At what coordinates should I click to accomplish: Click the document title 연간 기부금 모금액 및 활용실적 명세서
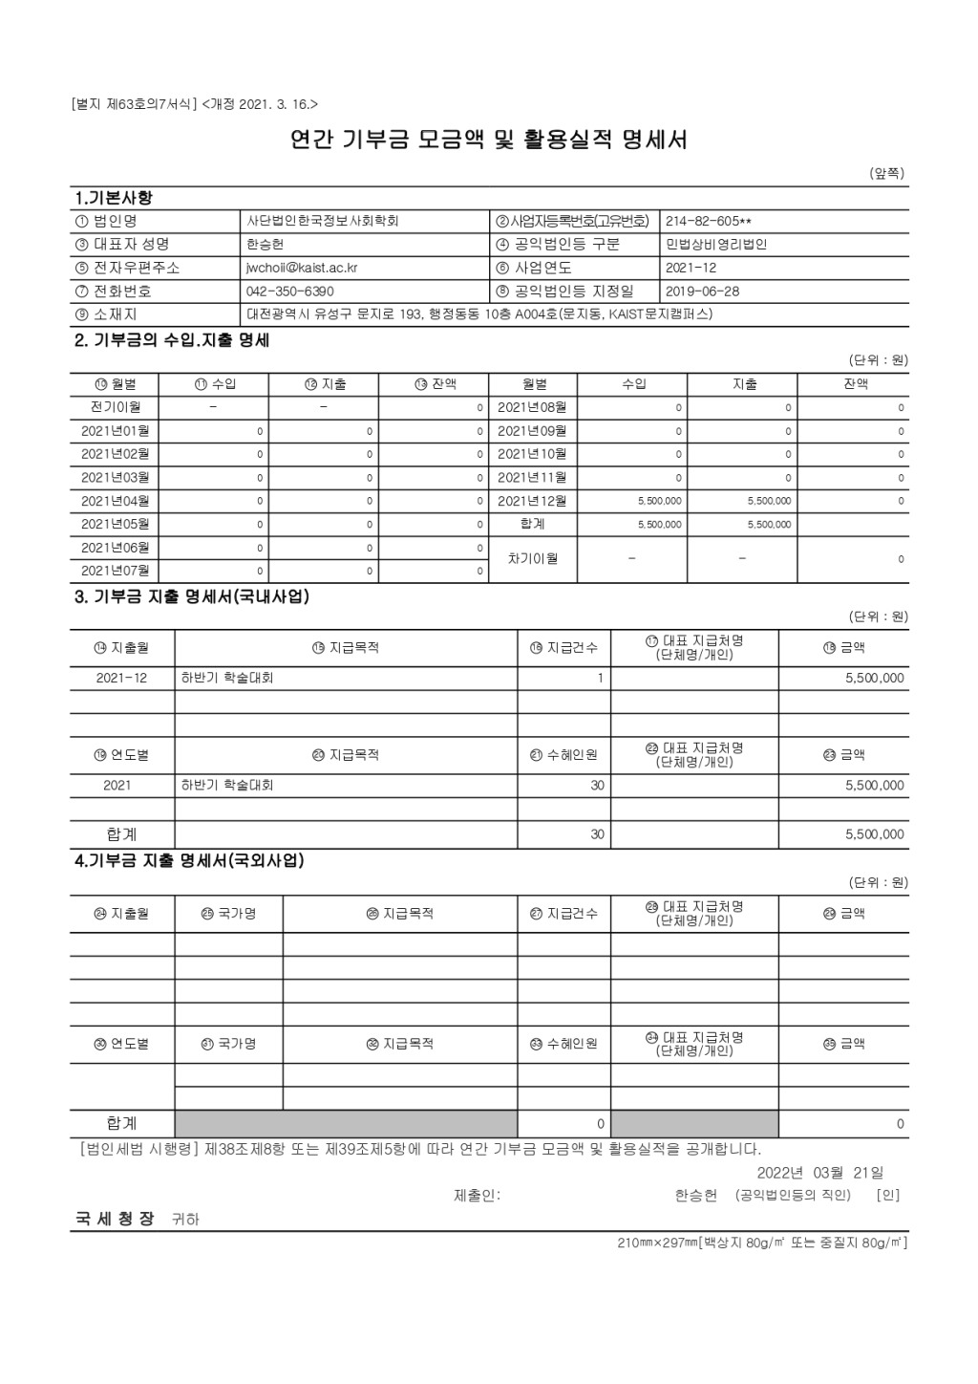pyautogui.click(x=488, y=141)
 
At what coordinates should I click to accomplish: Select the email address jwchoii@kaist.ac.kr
pyautogui.click(x=302, y=269)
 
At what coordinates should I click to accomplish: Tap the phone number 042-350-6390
pyautogui.click(x=290, y=292)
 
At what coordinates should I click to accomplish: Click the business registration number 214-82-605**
pyautogui.click(x=708, y=221)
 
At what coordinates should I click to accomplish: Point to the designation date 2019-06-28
pyautogui.click(x=702, y=292)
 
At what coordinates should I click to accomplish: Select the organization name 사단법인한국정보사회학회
pyautogui.click(x=322, y=221)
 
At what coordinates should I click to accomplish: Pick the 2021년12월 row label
pyautogui.click(x=532, y=501)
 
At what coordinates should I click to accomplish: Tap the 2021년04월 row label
pyautogui.click(x=115, y=501)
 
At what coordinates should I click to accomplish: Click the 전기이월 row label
pyautogui.click(x=116, y=407)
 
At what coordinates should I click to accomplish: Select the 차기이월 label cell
pyautogui.click(x=532, y=559)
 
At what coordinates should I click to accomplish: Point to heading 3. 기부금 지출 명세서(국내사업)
pyautogui.click(x=192, y=597)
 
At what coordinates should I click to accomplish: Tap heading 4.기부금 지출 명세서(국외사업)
pyautogui.click(x=189, y=861)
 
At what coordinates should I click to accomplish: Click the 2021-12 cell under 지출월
pyautogui.click(x=121, y=679)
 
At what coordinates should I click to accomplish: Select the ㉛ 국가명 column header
pyautogui.click(x=228, y=1044)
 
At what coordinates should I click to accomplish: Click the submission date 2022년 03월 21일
pyautogui.click(x=819, y=1173)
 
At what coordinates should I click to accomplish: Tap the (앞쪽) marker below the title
pyautogui.click(x=886, y=173)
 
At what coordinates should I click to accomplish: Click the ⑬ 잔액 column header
pyautogui.click(x=435, y=384)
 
